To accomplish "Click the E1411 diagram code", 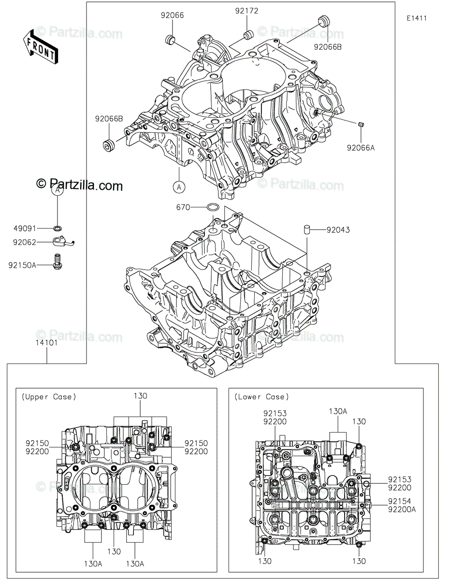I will click(x=416, y=18).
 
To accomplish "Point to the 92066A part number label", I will click(x=361, y=148).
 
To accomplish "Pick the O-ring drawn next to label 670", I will click(x=212, y=208).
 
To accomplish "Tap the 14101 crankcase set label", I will click(x=46, y=344).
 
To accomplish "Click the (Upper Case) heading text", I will click(x=49, y=397).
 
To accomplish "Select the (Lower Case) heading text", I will click(x=261, y=397).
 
